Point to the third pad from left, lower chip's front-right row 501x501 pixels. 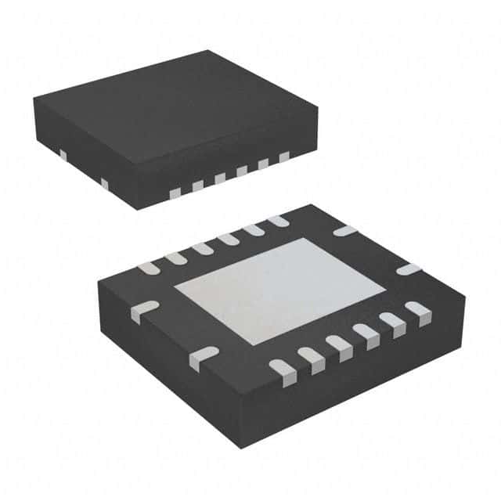[x=339, y=344]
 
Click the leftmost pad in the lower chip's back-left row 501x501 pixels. [x=148, y=268]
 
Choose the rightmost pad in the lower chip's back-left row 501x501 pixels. [x=278, y=222]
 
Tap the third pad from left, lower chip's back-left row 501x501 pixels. [x=202, y=249]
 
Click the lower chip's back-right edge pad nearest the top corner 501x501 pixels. [x=344, y=230]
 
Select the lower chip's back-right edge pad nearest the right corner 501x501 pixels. [x=408, y=269]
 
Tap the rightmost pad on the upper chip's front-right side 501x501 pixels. [x=284, y=157]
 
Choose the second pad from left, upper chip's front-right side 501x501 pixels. [x=198, y=186]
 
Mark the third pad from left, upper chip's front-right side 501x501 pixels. [x=220, y=178]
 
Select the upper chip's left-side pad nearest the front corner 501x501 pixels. [x=104, y=183]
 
